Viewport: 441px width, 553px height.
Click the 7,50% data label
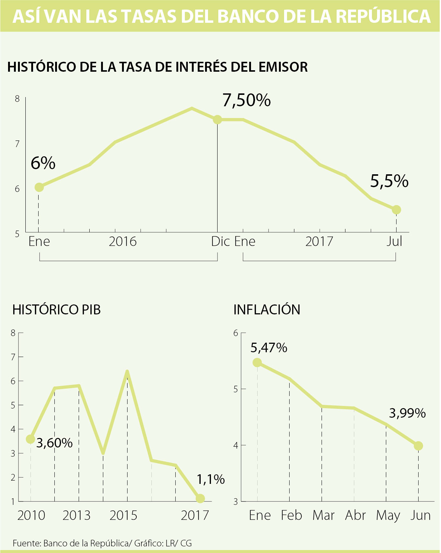(247, 100)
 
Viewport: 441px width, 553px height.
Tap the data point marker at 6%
(39, 187)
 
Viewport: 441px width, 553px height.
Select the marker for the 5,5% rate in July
(396, 210)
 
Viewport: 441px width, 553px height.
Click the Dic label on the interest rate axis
(220, 242)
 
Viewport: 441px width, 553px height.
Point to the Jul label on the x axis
(394, 242)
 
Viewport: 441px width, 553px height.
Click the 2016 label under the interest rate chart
(123, 242)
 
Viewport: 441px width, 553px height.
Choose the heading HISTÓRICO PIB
(56, 310)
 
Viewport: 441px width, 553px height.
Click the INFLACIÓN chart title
(267, 310)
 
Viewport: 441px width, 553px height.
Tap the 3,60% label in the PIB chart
(55, 443)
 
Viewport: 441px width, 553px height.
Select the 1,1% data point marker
(200, 499)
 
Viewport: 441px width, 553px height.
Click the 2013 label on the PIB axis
(76, 515)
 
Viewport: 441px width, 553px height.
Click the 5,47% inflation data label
(269, 348)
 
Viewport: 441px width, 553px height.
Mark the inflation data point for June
(418, 446)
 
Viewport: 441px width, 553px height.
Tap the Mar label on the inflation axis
(323, 515)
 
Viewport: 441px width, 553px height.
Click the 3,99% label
(407, 413)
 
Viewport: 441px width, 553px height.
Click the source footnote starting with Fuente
(102, 543)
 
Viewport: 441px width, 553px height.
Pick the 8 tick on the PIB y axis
(13, 333)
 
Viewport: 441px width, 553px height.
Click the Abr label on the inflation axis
(355, 515)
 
